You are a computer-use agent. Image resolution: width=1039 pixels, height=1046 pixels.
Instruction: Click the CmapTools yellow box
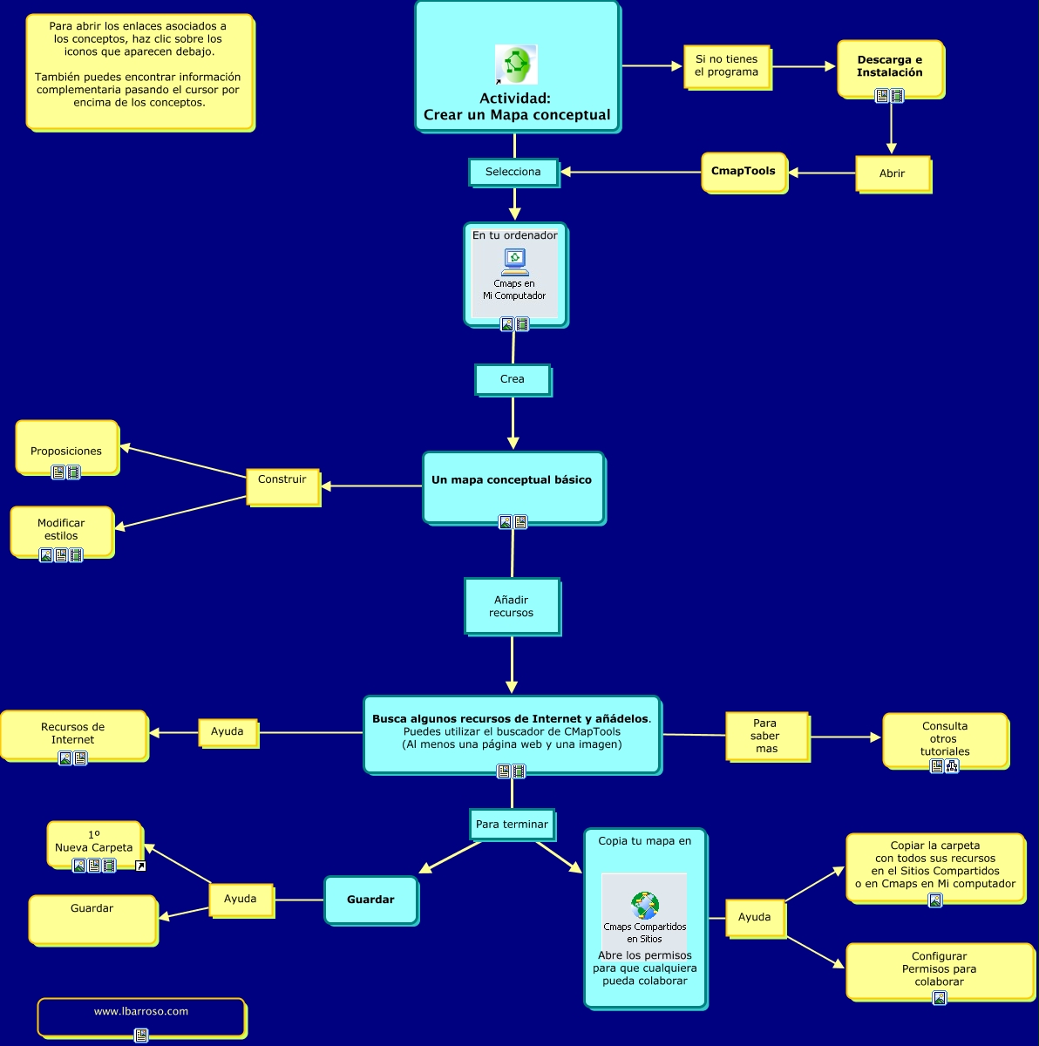(x=744, y=172)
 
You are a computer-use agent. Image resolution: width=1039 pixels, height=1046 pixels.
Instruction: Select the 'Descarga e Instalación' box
(x=890, y=67)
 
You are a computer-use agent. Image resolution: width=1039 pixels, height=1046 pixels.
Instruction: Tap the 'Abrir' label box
(x=892, y=173)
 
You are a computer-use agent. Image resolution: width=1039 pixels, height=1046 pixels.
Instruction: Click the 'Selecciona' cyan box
(x=513, y=172)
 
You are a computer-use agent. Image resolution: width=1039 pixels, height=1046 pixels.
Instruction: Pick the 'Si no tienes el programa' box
(x=726, y=66)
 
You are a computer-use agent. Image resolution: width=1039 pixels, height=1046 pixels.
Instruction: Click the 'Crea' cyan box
(x=513, y=379)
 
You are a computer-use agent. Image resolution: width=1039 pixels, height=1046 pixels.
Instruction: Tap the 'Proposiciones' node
(x=66, y=447)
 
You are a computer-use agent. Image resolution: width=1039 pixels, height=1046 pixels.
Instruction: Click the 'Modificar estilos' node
(x=61, y=529)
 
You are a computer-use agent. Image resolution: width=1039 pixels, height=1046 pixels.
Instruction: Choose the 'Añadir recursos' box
(x=512, y=606)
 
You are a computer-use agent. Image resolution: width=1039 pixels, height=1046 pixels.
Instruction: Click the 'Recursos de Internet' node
(x=73, y=733)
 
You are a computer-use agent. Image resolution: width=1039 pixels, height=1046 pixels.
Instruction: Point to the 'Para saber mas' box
(x=766, y=736)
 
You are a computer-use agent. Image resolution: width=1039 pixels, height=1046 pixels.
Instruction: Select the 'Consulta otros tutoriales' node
(x=945, y=739)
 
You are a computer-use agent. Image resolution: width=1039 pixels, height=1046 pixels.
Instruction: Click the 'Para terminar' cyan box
(x=512, y=824)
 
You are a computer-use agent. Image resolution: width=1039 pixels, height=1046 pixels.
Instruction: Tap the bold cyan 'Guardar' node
(x=370, y=900)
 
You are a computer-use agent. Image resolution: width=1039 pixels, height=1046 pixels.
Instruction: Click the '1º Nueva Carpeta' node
(x=94, y=842)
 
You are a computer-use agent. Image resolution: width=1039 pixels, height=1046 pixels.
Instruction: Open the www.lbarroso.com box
(x=141, y=1015)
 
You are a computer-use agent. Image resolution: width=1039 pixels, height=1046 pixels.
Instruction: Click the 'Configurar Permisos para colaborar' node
(x=939, y=969)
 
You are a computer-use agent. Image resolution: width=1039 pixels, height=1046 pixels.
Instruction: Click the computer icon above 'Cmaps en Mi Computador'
(x=514, y=261)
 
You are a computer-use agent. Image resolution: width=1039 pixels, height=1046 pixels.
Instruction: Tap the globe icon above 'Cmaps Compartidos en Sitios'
(x=645, y=905)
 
